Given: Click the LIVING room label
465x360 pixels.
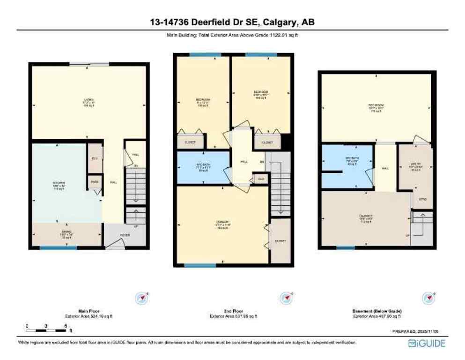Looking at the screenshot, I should coord(89,100).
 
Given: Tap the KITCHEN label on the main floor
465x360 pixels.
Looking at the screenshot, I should coord(59,183).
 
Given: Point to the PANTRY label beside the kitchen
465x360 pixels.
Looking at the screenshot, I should coord(94,181).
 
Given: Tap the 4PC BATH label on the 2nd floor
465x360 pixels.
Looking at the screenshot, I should coord(203,165).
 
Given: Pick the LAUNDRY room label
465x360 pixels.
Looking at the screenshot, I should coord(366,216).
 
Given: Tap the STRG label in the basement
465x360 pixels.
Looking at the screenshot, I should coord(422,199).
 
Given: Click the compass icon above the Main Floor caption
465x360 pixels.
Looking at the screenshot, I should coord(142,297).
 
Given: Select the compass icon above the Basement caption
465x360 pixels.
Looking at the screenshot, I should coord(428,297).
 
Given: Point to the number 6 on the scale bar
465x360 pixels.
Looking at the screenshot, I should coord(66,325).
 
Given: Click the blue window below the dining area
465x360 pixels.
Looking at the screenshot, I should coord(58,247).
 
